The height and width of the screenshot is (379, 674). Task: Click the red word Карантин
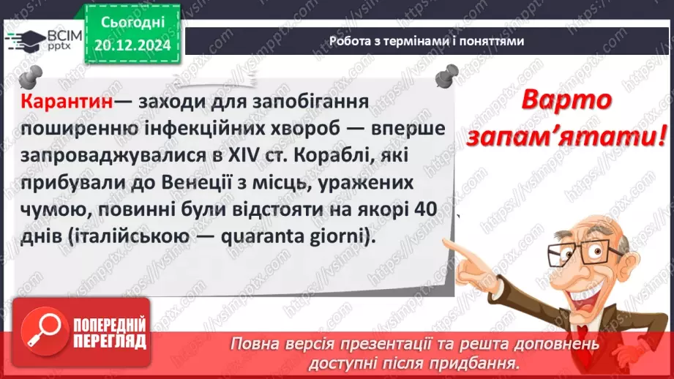click(x=67, y=100)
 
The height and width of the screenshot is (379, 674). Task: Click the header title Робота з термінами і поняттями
click(x=427, y=42)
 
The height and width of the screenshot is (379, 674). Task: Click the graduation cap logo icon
click(x=22, y=40)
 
